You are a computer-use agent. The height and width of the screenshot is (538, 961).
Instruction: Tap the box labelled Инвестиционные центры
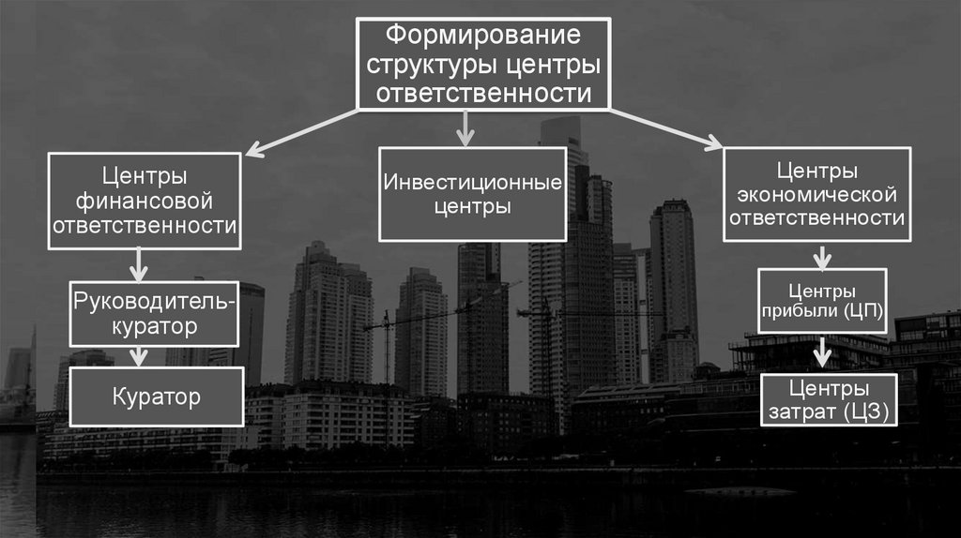click(x=472, y=193)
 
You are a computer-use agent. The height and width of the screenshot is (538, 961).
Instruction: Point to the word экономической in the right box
click(x=817, y=195)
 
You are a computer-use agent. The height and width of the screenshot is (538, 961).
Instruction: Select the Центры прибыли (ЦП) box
click(x=821, y=300)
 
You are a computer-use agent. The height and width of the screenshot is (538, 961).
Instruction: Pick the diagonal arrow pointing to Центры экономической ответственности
click(x=666, y=128)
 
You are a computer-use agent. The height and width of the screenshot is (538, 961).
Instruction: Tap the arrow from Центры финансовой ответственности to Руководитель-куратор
click(x=139, y=264)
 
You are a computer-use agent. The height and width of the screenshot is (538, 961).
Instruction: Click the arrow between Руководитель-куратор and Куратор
click(x=139, y=355)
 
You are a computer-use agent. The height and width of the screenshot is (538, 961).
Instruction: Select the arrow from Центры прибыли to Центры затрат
click(x=822, y=351)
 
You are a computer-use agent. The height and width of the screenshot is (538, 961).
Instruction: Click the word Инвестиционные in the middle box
click(x=472, y=181)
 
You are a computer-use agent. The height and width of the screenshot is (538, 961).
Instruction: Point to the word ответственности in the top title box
click(x=484, y=94)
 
